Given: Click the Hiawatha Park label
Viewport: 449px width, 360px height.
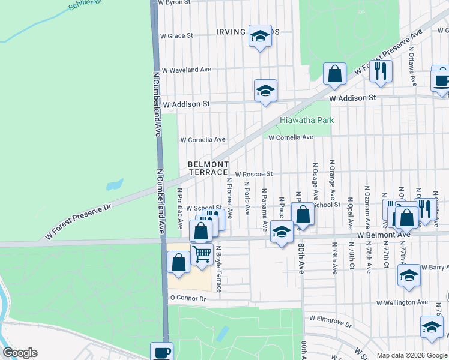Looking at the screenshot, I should [x=307, y=120].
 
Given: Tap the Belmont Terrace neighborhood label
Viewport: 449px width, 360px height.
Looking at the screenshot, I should [x=208, y=168].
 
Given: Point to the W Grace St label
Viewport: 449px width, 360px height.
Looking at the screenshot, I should [x=176, y=35].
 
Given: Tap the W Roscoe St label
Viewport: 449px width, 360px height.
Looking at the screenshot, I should [x=254, y=174].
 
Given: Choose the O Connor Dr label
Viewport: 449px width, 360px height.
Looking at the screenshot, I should [x=188, y=298].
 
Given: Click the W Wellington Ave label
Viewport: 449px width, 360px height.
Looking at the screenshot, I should [x=402, y=302].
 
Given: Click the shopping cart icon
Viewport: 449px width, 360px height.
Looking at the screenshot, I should [x=202, y=253].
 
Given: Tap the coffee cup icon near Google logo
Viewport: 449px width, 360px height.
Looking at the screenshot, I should [x=161, y=352].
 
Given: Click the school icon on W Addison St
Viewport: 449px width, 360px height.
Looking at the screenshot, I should [x=265, y=91].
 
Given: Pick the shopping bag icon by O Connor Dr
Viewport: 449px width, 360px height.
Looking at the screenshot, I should [x=179, y=261].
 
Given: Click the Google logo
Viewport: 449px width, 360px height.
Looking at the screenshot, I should [x=20, y=353].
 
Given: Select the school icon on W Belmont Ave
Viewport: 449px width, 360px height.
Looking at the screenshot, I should [x=282, y=232].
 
